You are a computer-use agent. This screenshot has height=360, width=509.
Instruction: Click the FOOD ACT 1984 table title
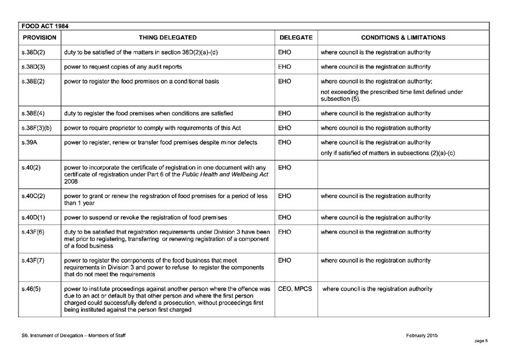tap(44, 26)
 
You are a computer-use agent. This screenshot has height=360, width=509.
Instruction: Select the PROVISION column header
tap(39, 38)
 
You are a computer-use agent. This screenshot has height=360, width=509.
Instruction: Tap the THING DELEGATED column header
tap(168, 38)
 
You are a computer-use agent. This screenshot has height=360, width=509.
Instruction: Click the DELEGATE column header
tap(296, 38)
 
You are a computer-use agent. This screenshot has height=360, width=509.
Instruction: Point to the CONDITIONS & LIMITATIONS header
tap(403, 38)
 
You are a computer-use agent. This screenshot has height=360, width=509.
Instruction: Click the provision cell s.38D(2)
tap(33, 52)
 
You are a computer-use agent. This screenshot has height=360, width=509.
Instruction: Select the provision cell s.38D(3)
tap(33, 66)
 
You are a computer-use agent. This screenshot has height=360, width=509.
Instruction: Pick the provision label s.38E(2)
tap(33, 81)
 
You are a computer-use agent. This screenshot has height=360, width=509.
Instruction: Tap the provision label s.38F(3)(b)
tap(36, 128)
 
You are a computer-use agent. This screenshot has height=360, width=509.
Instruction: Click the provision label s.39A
tap(28, 142)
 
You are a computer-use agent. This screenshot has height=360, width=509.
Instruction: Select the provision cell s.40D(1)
tap(33, 217)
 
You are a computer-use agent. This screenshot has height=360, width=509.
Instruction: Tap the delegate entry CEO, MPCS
tap(295, 289)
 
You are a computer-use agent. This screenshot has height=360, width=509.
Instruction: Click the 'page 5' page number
tap(481, 341)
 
